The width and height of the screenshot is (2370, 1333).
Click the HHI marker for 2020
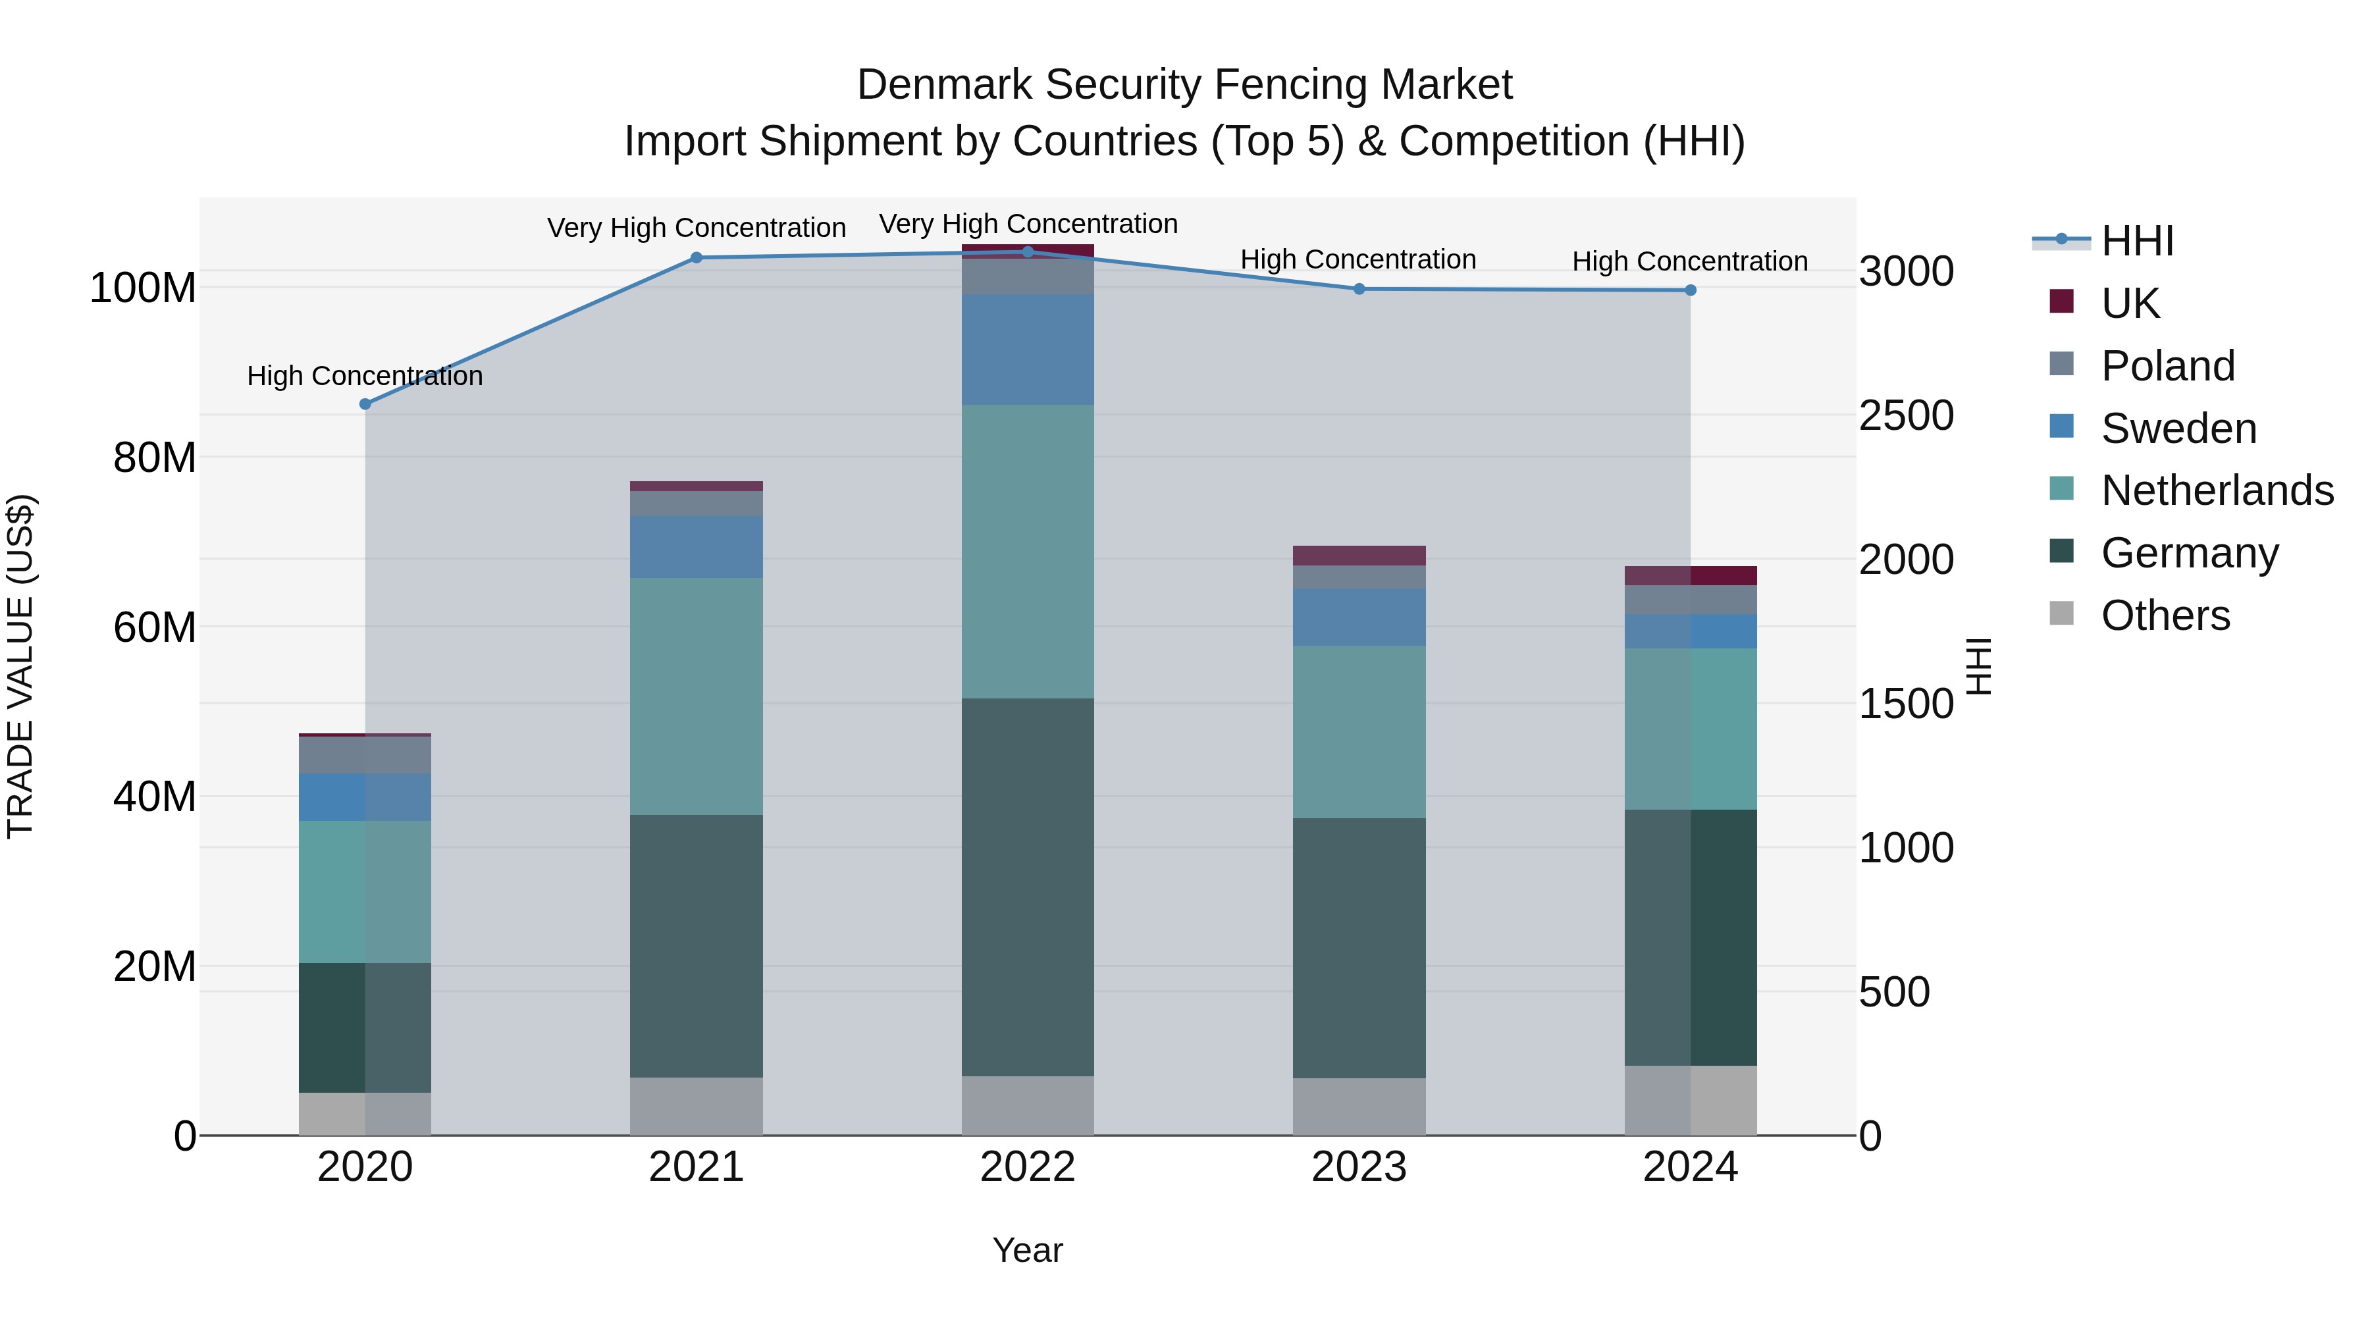pos(365,404)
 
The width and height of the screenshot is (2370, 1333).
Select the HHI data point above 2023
pos(1359,289)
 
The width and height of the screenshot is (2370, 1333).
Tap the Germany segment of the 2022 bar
pos(1028,887)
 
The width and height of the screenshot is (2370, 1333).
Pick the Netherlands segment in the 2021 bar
pos(697,696)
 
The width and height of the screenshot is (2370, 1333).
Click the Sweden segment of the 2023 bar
pos(1359,617)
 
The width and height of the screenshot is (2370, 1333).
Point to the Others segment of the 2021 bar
pos(697,1106)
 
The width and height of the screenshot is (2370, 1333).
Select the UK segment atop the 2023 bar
pos(1359,556)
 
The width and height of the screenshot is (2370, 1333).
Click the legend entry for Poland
pos(2168,366)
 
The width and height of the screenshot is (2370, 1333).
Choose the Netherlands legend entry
pos(2217,490)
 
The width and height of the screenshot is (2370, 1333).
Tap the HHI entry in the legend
pos(2137,241)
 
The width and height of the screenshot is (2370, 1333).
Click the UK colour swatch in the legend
pos(2062,301)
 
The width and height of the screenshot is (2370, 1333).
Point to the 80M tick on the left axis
pos(155,457)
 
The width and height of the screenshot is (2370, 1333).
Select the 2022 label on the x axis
pos(1028,1167)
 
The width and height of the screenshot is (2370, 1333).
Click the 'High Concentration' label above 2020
pos(365,377)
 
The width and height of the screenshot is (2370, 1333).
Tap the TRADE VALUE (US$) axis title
pos(20,666)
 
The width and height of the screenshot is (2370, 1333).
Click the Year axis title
pos(1028,1250)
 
